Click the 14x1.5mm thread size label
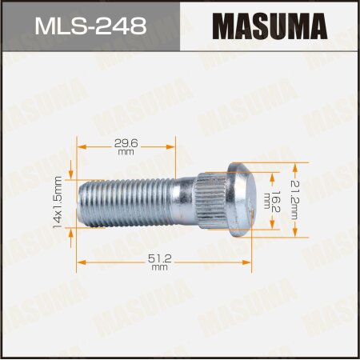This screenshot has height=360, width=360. [57, 202]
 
